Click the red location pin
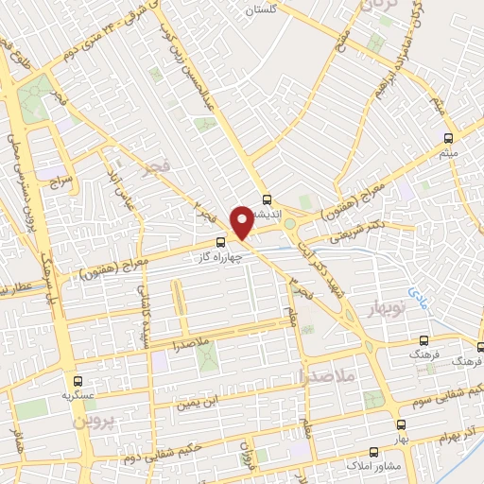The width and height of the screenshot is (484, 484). click(241, 222)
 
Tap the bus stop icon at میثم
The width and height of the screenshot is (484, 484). click(448, 137)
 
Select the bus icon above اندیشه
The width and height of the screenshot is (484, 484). click(267, 200)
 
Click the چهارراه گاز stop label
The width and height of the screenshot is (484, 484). click(223, 257)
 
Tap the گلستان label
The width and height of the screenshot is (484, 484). click(262, 9)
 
